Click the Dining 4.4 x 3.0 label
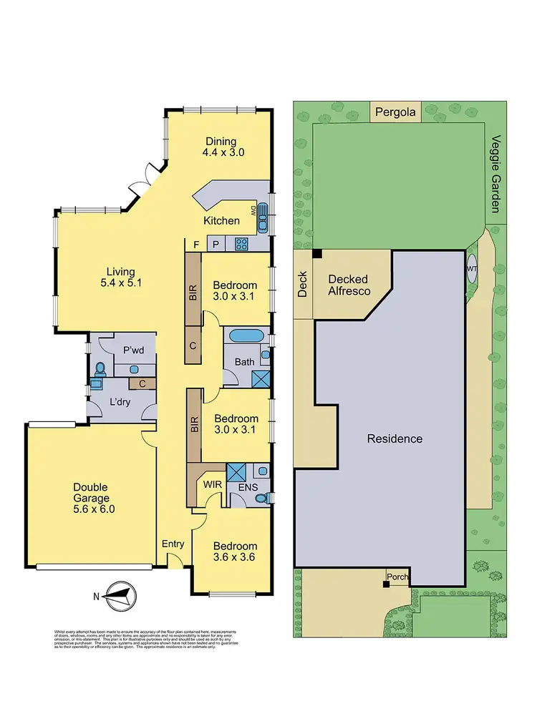click(x=221, y=147)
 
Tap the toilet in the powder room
click(x=100, y=369)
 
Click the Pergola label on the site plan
click(x=396, y=112)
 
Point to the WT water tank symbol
click(x=472, y=268)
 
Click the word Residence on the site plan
click(x=395, y=438)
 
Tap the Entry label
click(x=173, y=544)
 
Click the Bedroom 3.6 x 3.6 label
click(x=236, y=551)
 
